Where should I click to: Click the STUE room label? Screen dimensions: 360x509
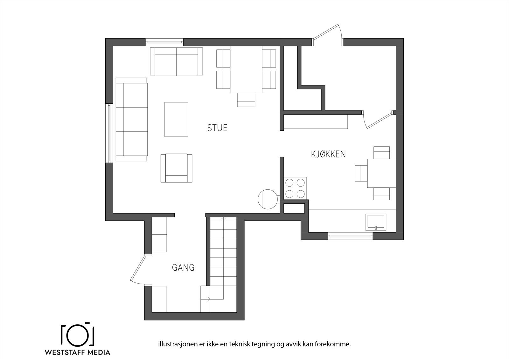[x=217, y=128]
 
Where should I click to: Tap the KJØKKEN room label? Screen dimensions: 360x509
[x=328, y=154]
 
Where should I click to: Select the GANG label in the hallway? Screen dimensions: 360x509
[x=183, y=268]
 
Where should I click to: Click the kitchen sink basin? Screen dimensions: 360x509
[x=376, y=222]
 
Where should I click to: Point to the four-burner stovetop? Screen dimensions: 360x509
[x=295, y=188]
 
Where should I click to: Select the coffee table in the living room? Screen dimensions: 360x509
[x=176, y=119]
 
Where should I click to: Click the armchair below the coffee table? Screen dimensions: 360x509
[x=176, y=168]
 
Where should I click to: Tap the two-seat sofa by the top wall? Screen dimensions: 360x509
[x=176, y=62]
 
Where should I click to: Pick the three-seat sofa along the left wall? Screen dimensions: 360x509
[x=131, y=119]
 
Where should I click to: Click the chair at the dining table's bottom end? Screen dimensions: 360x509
[x=246, y=100]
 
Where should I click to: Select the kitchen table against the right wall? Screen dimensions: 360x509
[x=381, y=173]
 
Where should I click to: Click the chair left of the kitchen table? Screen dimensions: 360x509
[x=361, y=173]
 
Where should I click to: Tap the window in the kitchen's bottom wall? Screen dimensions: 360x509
[x=350, y=236]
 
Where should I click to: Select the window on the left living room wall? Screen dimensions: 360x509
[x=109, y=133]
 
